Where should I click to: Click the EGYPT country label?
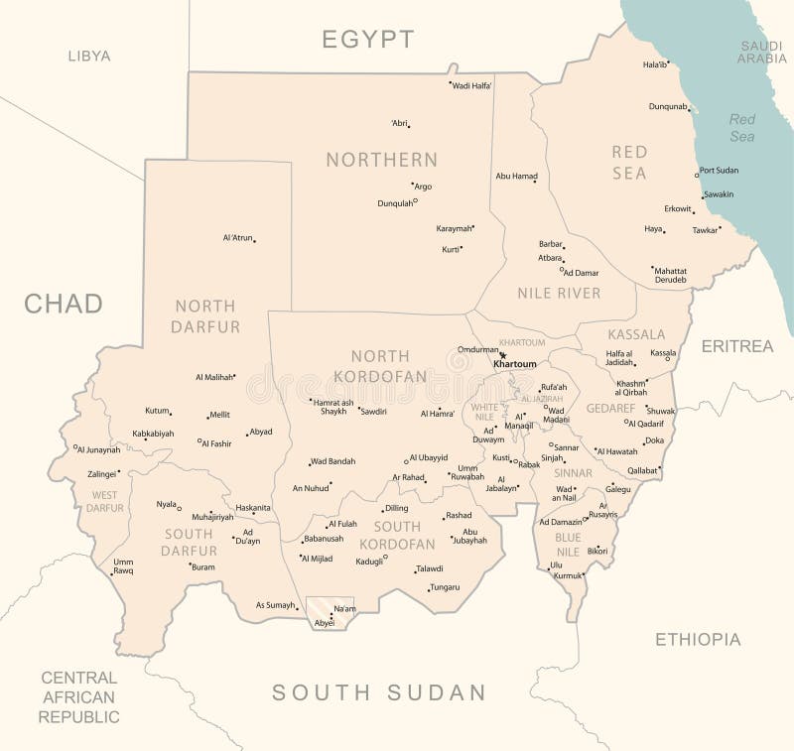click(367, 40)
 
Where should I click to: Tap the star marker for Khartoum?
click(503, 355)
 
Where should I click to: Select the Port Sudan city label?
click(719, 171)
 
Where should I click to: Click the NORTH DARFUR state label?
click(205, 315)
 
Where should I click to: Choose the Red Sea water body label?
click(742, 127)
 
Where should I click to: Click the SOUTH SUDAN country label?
click(379, 692)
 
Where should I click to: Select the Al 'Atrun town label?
click(237, 238)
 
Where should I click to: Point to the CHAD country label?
click(64, 304)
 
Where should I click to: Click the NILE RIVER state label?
click(559, 293)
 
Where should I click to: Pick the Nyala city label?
click(166, 504)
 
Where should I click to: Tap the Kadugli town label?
click(369, 561)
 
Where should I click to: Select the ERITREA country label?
click(736, 346)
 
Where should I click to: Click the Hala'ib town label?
click(655, 64)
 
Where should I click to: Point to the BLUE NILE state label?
click(568, 544)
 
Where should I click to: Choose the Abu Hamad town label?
click(516, 177)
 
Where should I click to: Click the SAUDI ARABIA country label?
click(761, 52)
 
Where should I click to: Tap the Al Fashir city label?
click(216, 443)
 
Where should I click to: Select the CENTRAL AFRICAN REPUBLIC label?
click(78, 696)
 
